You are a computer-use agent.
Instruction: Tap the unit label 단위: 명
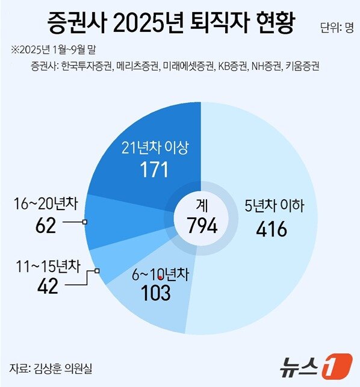coord(337,27)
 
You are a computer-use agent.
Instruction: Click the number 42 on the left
coord(45,286)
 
